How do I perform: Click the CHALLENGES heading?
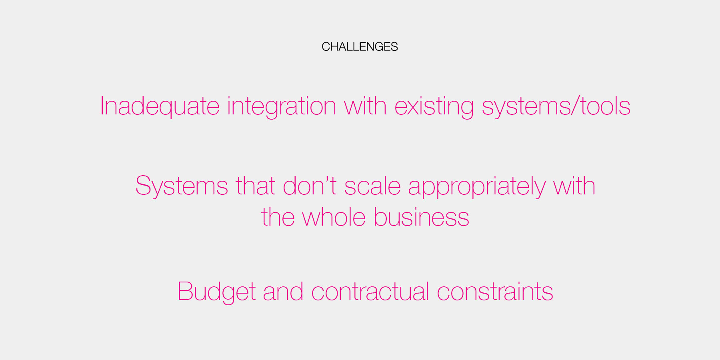pyautogui.click(x=360, y=47)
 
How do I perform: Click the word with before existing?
pyautogui.click(x=365, y=106)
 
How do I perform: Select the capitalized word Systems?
pyautogui.click(x=182, y=186)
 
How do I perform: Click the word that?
pyautogui.click(x=256, y=186)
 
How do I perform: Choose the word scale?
pyautogui.click(x=372, y=186)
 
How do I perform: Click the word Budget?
pyautogui.click(x=216, y=292)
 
